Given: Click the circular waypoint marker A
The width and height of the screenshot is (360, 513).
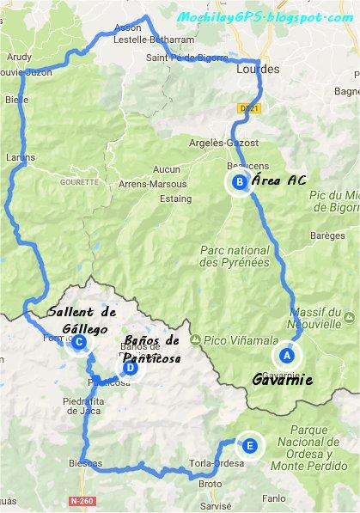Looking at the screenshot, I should pos(287,354).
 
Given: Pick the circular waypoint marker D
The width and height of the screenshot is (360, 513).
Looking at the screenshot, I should pos(130,369).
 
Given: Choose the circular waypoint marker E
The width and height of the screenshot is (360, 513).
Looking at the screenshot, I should pos(249,445).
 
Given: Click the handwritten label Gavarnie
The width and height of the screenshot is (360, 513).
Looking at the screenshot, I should pos(282,380).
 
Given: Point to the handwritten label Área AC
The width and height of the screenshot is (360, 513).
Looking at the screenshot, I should pos(279,180).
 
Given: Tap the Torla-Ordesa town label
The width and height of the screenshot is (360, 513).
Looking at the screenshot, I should pos(220,461).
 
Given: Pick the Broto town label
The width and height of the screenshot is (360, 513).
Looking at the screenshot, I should pos(210,484).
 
